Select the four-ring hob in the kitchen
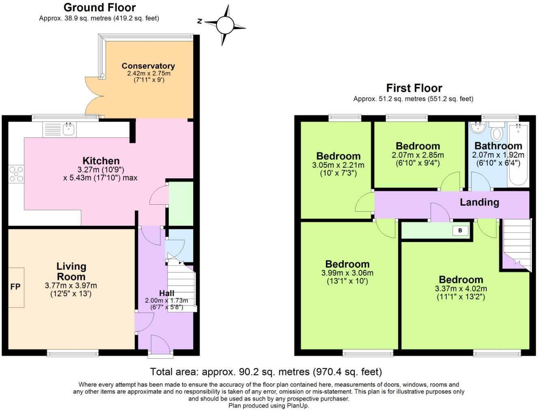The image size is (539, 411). [16, 174]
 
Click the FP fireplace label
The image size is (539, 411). [15, 287]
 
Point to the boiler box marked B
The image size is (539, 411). [460, 231]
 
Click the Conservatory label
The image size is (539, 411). [148, 66]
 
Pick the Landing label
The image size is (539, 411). [479, 202]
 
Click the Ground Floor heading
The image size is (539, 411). [99, 7]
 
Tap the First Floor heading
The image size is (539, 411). [414, 88]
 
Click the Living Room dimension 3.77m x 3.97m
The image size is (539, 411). [71, 286]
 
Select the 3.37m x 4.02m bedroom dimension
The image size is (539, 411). [461, 289]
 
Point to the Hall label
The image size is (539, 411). [166, 293]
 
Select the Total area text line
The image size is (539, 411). [266, 372]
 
